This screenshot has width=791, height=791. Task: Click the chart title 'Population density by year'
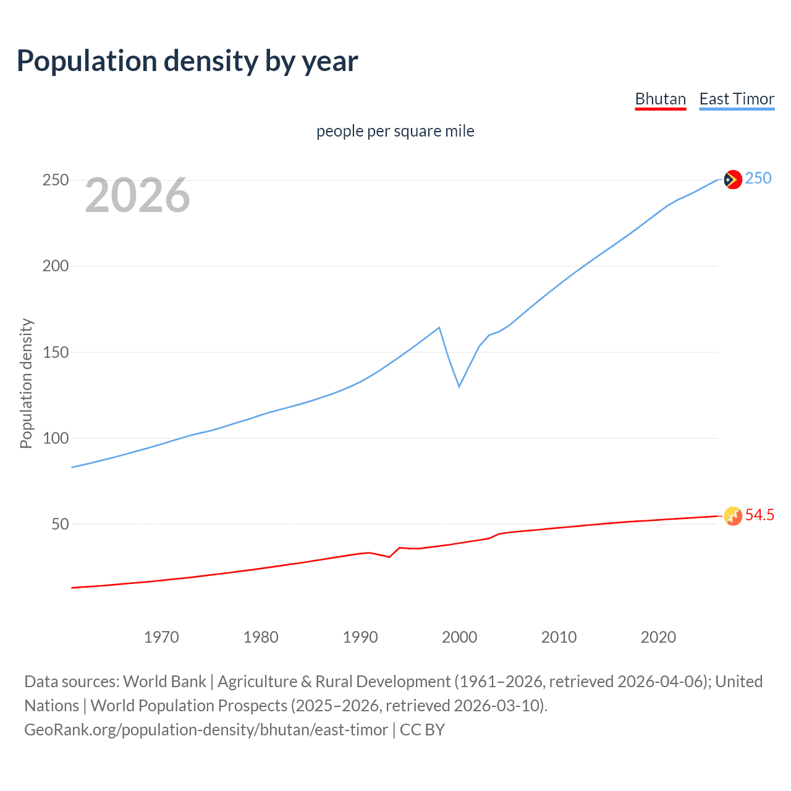pos(187,61)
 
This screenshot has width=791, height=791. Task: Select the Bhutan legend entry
pos(660,99)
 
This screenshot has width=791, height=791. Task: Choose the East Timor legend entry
pos(737,99)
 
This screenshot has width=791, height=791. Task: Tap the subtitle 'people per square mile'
pos(395,131)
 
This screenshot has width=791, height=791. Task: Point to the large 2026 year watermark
pos(137,195)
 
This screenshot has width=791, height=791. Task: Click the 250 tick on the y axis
pos(56,180)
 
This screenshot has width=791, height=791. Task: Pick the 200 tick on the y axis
pos(56,266)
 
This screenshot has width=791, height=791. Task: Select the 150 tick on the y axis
pos(56,352)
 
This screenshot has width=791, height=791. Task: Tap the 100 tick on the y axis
pos(56,438)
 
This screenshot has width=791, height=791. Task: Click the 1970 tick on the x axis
pos(161,637)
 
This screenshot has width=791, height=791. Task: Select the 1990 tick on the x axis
pos(360,637)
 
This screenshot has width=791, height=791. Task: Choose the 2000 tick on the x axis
pos(459,637)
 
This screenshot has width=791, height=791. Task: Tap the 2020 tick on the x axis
pos(658,637)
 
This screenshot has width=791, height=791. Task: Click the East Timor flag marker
pos(733,179)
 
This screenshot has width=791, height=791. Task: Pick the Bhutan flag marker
pos(733,516)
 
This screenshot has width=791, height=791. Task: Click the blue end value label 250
pos(758,178)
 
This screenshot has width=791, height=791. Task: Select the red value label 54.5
pos(759,515)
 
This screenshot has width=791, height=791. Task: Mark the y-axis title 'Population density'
pos(26,383)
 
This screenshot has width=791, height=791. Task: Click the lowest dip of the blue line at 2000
pos(459,387)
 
